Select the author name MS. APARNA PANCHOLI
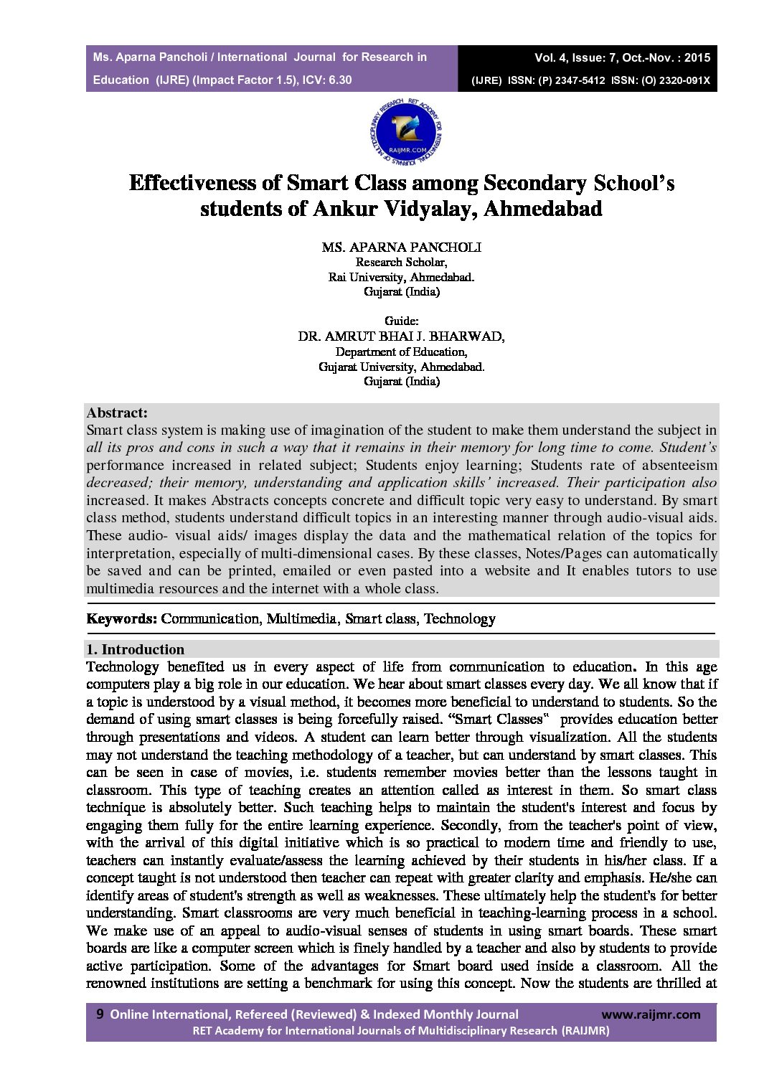coord(401,247)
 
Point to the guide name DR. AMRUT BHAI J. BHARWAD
coord(401,336)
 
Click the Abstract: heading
coord(117,413)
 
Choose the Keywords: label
coord(122,618)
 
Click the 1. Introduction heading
coord(136,649)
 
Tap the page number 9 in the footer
coord(100,1014)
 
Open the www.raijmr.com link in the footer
coord(651,1014)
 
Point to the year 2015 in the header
coord(697,57)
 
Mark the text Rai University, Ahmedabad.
coord(401,277)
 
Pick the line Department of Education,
coord(401,352)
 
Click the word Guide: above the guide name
coord(401,321)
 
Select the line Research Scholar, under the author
coord(401,262)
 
